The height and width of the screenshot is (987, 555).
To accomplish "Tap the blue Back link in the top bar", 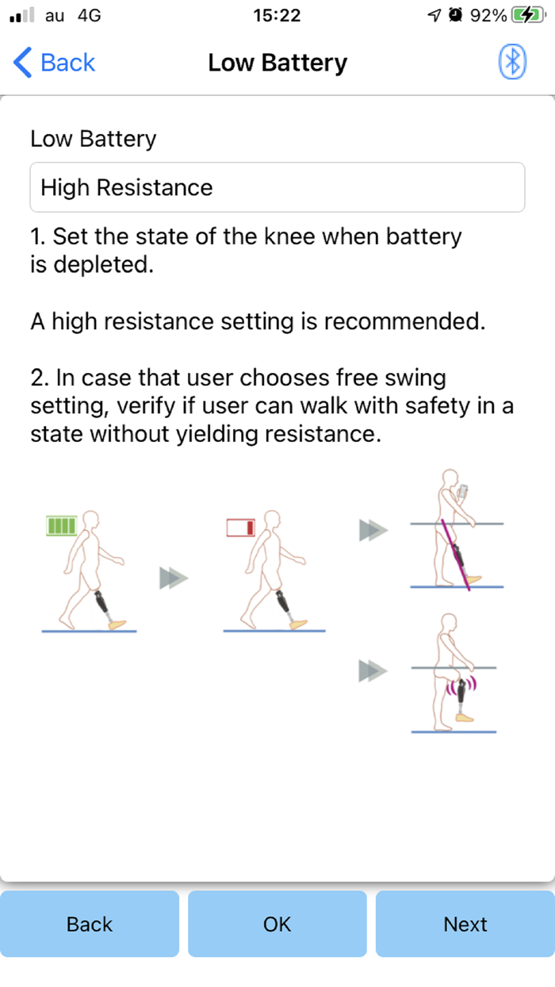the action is click(x=54, y=62).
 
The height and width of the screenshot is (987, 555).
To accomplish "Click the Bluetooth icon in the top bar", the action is click(x=512, y=62).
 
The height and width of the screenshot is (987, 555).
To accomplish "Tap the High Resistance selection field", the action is click(x=277, y=187).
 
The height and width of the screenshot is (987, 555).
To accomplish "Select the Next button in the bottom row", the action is click(x=465, y=924).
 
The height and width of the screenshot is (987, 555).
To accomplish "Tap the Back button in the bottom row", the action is click(x=90, y=924).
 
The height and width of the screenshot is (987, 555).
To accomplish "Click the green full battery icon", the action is click(x=62, y=526).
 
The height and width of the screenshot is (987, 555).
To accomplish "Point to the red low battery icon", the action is click(x=241, y=528).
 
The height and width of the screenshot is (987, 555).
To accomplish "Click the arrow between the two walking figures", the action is click(x=174, y=578).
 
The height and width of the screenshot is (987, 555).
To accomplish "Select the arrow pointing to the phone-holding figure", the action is click(x=373, y=530).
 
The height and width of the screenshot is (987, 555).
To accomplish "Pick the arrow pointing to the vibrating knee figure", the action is click(x=373, y=671).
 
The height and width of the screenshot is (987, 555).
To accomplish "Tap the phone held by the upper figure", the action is click(x=463, y=491).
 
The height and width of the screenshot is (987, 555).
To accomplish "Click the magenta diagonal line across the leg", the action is click(x=455, y=555).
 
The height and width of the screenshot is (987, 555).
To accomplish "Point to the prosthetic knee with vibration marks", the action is click(x=461, y=691).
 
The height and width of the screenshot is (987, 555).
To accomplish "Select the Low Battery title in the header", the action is click(x=277, y=63).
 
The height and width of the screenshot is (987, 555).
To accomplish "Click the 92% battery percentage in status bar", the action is click(x=488, y=16).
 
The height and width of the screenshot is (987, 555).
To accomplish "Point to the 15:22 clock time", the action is click(x=277, y=16).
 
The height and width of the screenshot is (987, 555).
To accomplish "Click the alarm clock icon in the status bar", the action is click(x=455, y=15).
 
